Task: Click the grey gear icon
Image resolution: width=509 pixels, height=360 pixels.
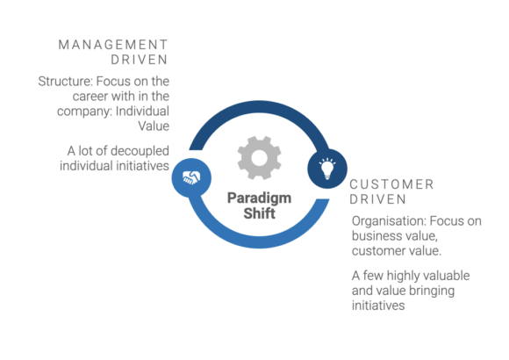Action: point(260,158)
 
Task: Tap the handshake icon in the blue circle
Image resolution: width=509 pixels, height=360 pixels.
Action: point(191,177)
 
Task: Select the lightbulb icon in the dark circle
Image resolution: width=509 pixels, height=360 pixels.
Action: point(327,169)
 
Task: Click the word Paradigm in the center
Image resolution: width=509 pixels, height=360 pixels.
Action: point(260,198)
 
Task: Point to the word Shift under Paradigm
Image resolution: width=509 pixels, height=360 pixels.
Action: point(260,213)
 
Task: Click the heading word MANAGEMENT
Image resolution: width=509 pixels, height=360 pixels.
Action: point(113,45)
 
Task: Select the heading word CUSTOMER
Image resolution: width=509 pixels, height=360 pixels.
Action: point(391,184)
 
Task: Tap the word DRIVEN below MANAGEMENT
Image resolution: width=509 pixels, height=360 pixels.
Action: point(140,60)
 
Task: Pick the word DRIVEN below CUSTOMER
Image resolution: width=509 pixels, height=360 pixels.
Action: point(378,199)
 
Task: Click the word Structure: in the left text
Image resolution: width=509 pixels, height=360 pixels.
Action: point(65,82)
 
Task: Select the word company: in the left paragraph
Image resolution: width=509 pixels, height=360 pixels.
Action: point(84,112)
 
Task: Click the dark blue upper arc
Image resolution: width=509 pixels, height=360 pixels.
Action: point(260,107)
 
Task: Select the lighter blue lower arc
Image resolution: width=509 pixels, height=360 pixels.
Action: point(260,241)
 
